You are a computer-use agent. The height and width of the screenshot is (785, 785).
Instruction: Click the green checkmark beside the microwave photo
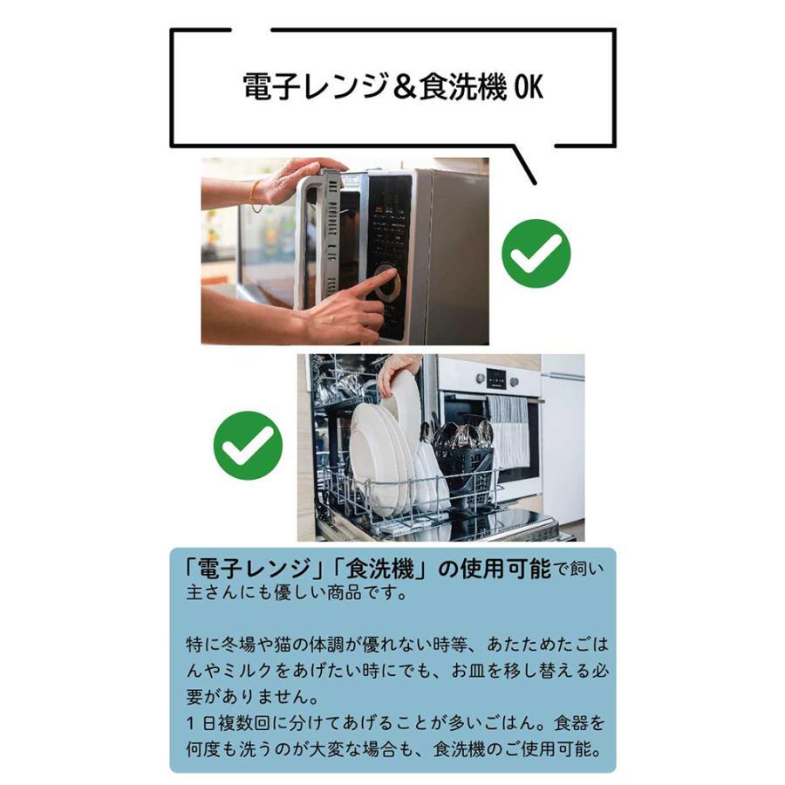tap(536, 254)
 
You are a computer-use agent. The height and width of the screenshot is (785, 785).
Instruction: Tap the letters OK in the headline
tap(529, 87)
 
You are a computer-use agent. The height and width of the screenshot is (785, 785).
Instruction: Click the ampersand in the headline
tap(403, 87)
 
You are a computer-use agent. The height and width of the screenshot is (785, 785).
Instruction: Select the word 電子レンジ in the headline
tap(315, 87)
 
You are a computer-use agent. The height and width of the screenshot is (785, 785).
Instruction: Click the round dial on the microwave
tap(389, 284)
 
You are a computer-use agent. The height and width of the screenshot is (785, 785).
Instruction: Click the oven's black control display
tap(495, 379)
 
